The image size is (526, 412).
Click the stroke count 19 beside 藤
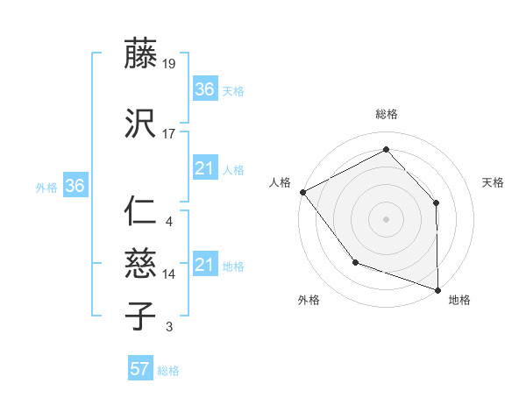(169, 64)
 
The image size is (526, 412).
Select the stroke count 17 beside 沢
(169, 134)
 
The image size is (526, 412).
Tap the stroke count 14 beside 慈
(169, 274)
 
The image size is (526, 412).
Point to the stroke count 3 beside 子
(169, 327)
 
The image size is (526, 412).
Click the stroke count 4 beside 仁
(169, 222)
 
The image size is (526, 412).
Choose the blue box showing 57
(139, 369)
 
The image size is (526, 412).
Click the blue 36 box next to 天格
(205, 89)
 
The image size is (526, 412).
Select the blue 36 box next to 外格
(75, 186)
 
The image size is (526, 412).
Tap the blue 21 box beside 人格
(205, 168)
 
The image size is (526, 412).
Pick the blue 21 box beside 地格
(205, 265)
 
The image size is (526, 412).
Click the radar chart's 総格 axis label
(386, 114)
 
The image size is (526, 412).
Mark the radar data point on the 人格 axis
(302, 191)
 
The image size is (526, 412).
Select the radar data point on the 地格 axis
(437, 289)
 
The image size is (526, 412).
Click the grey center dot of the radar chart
(386, 218)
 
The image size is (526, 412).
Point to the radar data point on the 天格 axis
(437, 202)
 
